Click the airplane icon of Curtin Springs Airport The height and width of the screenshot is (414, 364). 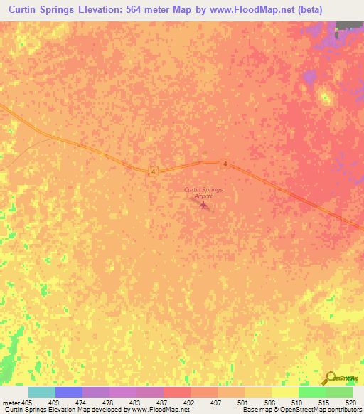click(x=205, y=206)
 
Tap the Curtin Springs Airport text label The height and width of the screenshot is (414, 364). click(x=203, y=193)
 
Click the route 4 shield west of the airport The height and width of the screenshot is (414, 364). click(x=153, y=171)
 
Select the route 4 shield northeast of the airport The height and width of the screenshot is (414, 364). click(x=225, y=164)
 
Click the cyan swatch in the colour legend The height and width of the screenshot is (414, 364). click(x=42, y=392)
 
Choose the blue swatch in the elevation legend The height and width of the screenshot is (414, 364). click(x=69, y=392)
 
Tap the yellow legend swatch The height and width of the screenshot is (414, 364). click(x=285, y=392)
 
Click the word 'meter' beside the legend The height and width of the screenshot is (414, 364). click(x=11, y=402)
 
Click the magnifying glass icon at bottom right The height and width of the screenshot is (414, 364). click(x=330, y=378)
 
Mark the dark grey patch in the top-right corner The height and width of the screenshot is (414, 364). click(x=349, y=25)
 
